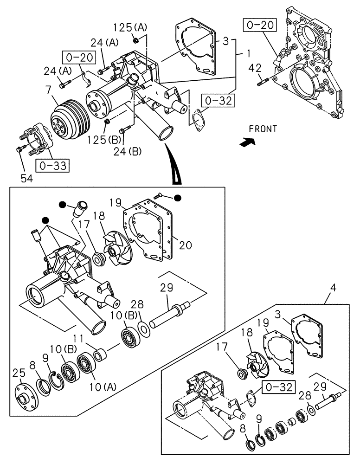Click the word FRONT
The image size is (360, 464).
262,129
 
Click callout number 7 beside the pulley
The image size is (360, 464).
47,88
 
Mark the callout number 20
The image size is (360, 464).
185,245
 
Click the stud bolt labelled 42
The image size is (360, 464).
263,83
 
